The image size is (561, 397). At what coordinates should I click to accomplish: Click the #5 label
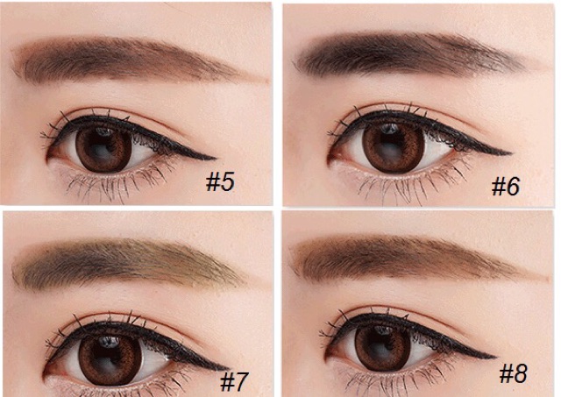pos(220,181)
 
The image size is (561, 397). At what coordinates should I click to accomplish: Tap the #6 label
pos(506,187)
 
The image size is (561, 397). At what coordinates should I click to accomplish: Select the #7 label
pos(234,381)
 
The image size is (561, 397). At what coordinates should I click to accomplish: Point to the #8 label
pos(514,374)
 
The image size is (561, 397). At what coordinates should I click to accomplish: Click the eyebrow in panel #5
pos(136,61)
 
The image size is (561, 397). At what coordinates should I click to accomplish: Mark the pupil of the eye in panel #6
pos(390,145)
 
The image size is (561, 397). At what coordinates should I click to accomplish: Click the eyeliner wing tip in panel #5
pos(216,158)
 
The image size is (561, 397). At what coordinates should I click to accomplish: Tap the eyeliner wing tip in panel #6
pos(511,153)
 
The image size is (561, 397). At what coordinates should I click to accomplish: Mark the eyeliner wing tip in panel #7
pos(229,368)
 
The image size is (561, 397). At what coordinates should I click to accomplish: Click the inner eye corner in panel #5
pos(48,158)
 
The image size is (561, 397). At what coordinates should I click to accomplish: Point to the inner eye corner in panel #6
pos(330,161)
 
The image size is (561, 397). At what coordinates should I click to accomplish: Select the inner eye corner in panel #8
pos(326,358)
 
